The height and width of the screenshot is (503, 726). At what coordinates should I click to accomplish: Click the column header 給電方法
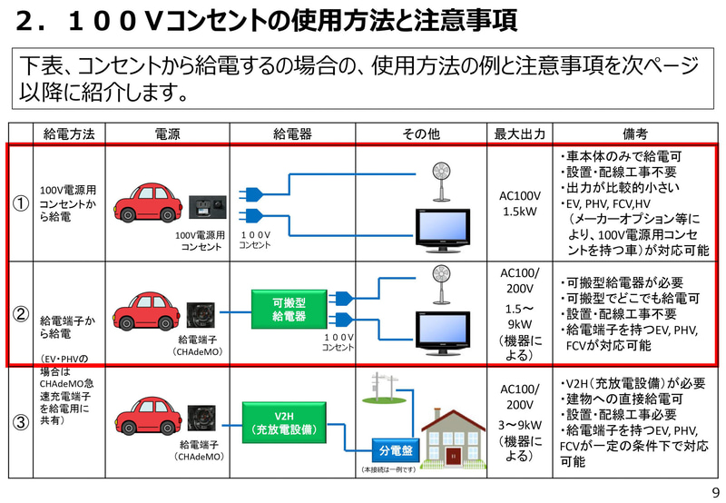pyautogui.click(x=69, y=134)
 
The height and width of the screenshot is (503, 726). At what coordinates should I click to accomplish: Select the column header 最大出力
pyautogui.click(x=519, y=134)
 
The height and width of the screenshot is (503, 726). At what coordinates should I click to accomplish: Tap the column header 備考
pyautogui.click(x=634, y=134)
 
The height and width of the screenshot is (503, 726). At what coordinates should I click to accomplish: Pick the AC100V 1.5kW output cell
pyautogui.click(x=519, y=203)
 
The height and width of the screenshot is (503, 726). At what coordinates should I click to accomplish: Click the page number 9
pyautogui.click(x=714, y=492)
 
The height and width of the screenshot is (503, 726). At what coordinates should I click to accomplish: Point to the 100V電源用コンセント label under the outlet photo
pyautogui.click(x=199, y=241)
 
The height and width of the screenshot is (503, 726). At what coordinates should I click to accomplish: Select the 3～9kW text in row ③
pyautogui.click(x=519, y=424)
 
